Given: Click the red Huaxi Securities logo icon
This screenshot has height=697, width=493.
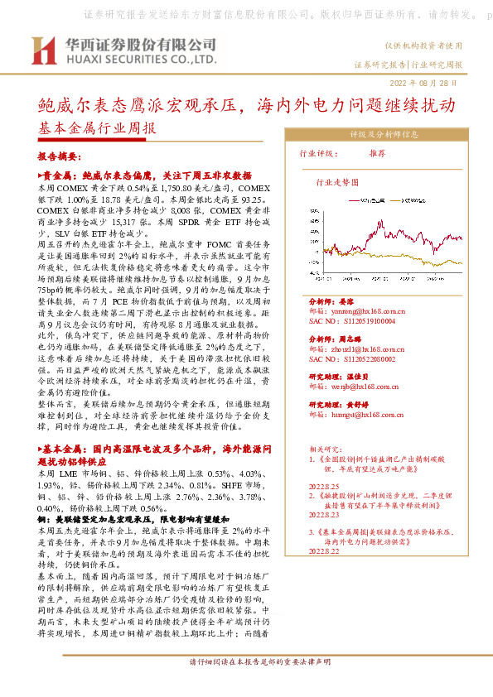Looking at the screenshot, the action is click(x=42, y=50).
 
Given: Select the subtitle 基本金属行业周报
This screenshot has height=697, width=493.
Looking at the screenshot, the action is click(x=96, y=129).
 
